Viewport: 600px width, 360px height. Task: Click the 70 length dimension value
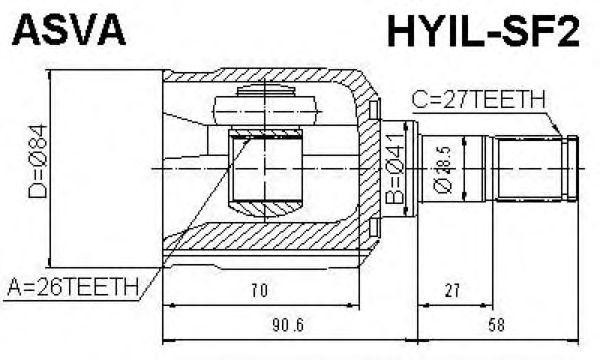click(259, 292)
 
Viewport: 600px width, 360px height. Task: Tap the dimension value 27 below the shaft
click(453, 292)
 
